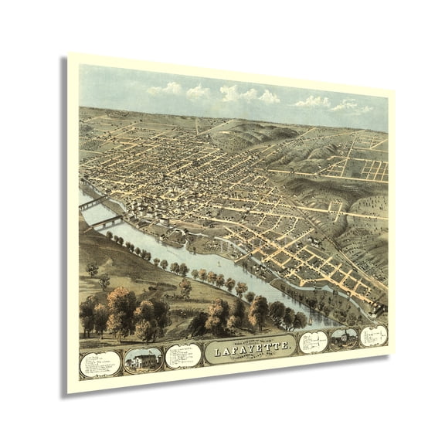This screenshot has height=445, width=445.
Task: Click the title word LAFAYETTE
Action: (250, 349)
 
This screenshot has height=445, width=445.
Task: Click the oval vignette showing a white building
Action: (143, 360)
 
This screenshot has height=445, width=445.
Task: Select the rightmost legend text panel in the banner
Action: (374, 335)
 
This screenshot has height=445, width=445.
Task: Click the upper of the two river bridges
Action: (93, 203)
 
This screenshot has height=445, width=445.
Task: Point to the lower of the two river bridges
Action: (104, 223)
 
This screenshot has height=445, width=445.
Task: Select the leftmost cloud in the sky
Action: (165, 90)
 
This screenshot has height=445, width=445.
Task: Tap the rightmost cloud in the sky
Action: (352, 106)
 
